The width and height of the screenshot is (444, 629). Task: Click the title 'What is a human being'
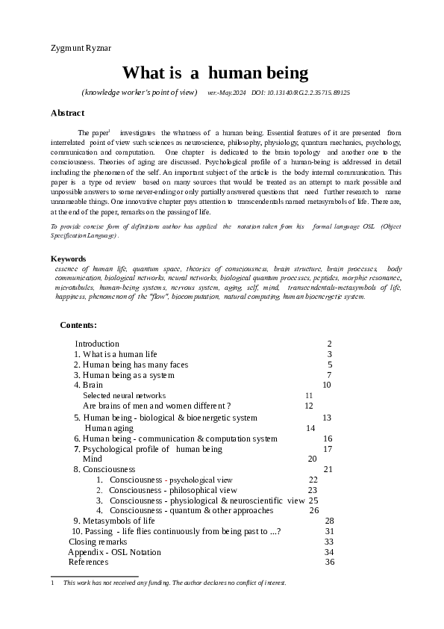click(x=215, y=72)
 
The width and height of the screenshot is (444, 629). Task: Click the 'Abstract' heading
click(x=67, y=113)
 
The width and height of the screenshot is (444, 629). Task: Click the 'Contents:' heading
click(x=78, y=325)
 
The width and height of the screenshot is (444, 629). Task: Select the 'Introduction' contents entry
click(x=97, y=344)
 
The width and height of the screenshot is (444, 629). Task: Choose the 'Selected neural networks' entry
click(x=124, y=395)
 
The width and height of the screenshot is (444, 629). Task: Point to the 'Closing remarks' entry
click(x=98, y=542)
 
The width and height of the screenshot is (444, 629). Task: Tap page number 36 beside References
click(x=330, y=562)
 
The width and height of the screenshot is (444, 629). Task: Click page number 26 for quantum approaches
click(x=313, y=511)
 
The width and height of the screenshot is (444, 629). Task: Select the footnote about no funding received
click(x=174, y=583)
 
